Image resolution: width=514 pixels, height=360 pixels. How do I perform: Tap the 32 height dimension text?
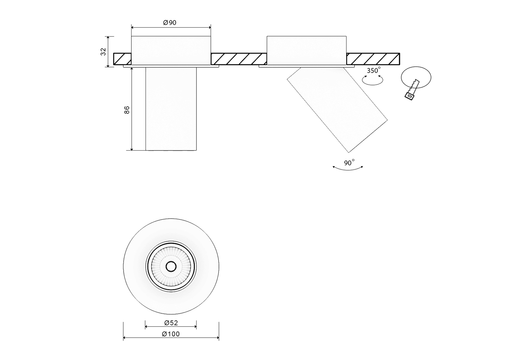[103, 52]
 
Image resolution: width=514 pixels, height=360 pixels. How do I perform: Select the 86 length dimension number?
[127, 110]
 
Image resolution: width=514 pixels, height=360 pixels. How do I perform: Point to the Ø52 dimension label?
[171, 323]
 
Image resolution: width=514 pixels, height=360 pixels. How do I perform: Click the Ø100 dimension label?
[171, 334]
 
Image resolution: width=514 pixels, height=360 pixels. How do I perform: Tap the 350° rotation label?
[373, 71]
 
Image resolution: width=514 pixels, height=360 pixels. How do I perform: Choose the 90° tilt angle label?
[349, 163]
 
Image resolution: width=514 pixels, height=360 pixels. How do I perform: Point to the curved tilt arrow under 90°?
[348, 169]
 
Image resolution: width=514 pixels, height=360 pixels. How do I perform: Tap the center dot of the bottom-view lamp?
[171, 266]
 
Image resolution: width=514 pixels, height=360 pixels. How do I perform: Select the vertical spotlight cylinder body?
[171, 109]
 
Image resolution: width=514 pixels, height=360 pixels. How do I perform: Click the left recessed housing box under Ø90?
[171, 50]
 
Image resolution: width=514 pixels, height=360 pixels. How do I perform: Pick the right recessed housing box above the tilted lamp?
[306, 50]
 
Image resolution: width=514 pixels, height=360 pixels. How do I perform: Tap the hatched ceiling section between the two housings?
[239, 59]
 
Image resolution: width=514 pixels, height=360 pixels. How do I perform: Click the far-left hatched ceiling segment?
[122, 59]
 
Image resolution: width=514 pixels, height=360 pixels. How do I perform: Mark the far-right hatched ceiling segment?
[373, 59]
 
